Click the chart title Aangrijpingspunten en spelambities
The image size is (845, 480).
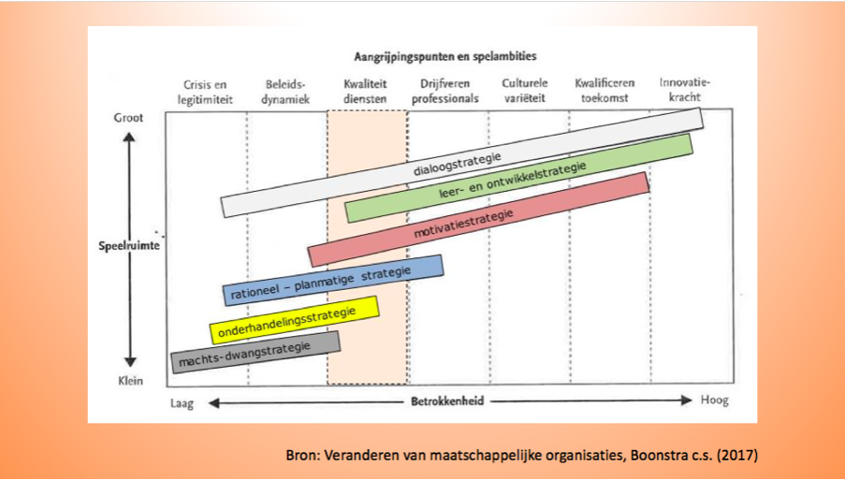tap(445, 56)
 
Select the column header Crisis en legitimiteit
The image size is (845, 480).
tap(205, 92)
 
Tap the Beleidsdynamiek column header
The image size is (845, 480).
tap(285, 92)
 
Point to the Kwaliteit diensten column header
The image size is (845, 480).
tap(365, 92)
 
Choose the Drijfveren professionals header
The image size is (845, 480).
tap(445, 91)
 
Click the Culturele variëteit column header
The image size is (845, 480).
tap(525, 91)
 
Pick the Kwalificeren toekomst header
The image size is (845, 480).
tap(605, 91)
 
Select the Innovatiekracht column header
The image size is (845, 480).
tap(684, 90)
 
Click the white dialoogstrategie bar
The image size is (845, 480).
tap(462, 163)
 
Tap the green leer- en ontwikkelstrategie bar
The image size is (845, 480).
tap(518, 179)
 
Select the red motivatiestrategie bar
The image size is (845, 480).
tap(478, 219)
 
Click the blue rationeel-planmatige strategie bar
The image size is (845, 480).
tap(333, 280)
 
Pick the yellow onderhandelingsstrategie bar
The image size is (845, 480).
tap(294, 320)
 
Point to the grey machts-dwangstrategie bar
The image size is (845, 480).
tap(255, 353)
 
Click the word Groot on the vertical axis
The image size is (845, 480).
tap(129, 118)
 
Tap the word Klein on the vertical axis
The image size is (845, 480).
tap(130, 381)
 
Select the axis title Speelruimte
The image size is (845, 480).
tap(129, 246)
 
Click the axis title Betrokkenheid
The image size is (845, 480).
tap(448, 401)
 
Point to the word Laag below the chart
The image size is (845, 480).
tap(182, 403)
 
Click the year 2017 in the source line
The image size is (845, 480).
tap(737, 456)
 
